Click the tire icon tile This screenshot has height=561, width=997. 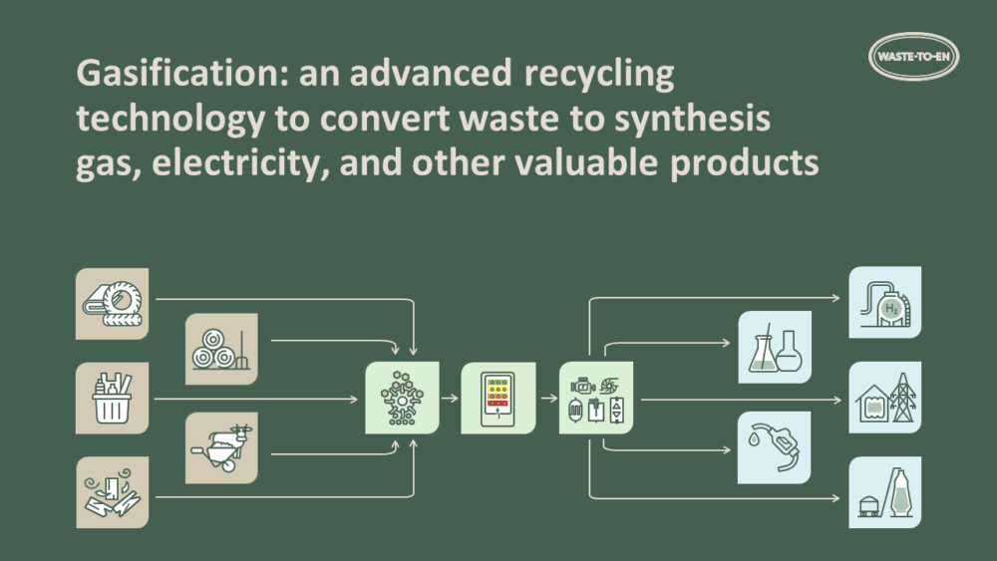pos(112,303)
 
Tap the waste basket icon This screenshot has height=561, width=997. pos(112,398)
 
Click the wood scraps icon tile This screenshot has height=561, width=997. pos(112,492)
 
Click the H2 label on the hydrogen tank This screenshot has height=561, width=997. pos(889,310)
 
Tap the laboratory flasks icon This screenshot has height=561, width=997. pos(774,349)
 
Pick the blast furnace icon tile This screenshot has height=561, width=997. pos(884,492)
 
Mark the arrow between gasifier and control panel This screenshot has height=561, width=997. pos(450,398)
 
